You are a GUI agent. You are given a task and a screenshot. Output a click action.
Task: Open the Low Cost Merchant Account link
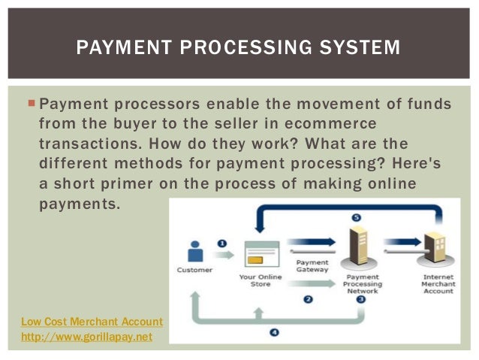pos(92,322)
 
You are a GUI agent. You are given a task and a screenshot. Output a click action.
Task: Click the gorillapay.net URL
pos(86,337)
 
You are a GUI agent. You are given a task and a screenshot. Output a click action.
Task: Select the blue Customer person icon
pos(194,252)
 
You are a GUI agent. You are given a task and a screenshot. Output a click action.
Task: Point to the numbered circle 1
pos(222,244)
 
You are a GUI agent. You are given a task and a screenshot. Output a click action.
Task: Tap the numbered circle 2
pos(308,299)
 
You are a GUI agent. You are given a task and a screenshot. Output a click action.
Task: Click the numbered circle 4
pos(274,331)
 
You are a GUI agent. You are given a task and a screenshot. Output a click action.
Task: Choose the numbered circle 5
pos(357,218)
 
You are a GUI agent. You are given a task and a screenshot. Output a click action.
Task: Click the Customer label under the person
pos(194,270)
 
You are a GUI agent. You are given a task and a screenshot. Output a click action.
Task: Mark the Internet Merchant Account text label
pos(438,284)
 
